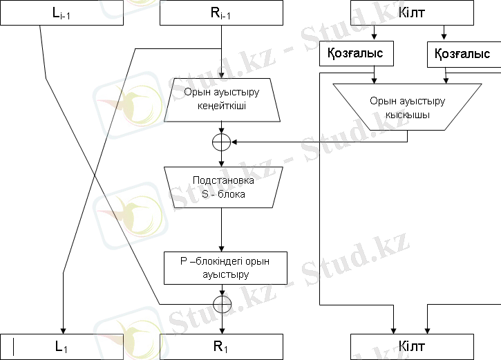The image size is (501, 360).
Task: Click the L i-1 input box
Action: tap(62, 12)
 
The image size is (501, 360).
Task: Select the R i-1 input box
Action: tap(221, 12)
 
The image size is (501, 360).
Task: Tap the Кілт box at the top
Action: tap(413, 12)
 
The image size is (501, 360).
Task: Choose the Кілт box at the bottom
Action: tap(413, 346)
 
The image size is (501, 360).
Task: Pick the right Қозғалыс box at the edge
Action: tap(464, 53)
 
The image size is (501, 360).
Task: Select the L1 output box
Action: tap(62, 346)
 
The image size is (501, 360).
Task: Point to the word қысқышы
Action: tap(408, 115)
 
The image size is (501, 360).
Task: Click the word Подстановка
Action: tap(221, 180)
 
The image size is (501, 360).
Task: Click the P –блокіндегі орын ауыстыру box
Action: tap(221, 268)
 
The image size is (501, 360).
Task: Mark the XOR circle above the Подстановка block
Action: tap(221, 142)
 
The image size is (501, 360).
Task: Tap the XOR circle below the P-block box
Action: tap(221, 304)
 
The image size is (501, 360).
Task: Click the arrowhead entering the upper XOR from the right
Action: tap(234, 142)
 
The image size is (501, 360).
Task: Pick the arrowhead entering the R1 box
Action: tap(221, 330)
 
